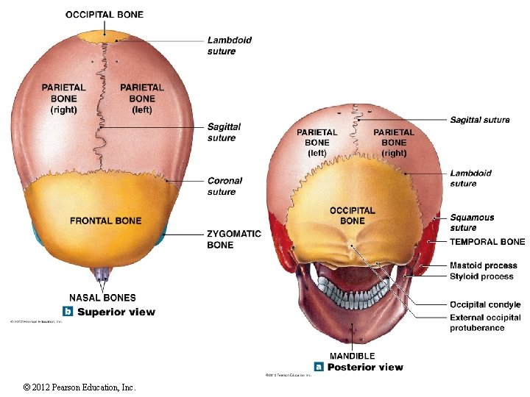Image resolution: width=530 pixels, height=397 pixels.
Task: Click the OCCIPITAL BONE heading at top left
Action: [105, 14]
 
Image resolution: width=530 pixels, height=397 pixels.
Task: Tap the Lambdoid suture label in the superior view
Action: [229, 46]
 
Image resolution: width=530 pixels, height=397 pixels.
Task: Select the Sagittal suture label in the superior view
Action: [224, 132]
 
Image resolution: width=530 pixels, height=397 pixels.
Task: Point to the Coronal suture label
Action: [225, 186]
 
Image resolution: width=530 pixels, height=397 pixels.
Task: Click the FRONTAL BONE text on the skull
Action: [105, 221]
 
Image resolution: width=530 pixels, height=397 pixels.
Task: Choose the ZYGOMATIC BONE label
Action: [234, 239]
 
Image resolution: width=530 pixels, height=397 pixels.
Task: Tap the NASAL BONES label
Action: [102, 298]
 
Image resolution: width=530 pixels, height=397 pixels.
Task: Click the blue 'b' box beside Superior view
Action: [68, 311]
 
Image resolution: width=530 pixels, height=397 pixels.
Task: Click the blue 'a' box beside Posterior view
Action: [319, 366]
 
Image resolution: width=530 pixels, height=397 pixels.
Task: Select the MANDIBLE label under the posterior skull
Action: [352, 356]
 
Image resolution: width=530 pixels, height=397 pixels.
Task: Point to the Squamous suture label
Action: [472, 222]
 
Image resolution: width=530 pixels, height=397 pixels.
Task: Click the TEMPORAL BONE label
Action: [487, 241]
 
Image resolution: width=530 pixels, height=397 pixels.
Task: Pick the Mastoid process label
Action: [483, 265]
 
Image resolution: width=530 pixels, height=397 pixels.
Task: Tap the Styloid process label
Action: [481, 276]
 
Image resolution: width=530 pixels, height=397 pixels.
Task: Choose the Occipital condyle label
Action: [484, 304]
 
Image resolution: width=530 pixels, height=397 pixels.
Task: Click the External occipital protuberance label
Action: [484, 323]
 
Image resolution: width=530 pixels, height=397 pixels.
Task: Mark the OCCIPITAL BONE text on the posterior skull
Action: [352, 215]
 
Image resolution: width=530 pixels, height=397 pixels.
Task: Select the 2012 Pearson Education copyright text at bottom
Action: [79, 387]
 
